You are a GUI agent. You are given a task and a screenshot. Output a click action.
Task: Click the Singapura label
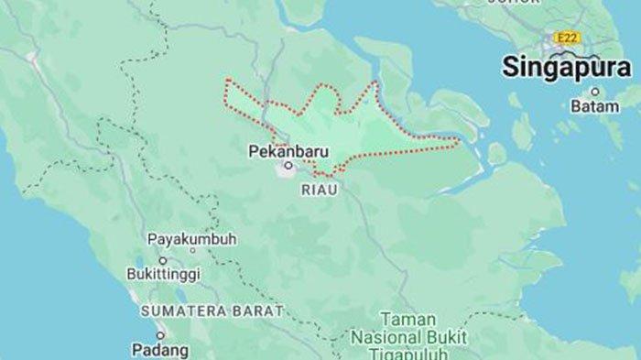pyautogui.click(x=566, y=68)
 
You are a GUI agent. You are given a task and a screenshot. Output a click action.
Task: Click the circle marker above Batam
pyautogui.click(x=594, y=92)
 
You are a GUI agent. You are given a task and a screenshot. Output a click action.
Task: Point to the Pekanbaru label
pyautogui.click(x=287, y=149)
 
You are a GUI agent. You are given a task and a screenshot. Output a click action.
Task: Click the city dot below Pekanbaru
pyautogui.click(x=288, y=166)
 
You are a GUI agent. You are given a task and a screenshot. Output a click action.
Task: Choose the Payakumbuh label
pyautogui.click(x=192, y=239)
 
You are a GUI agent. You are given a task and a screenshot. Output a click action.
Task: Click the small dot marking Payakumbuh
pyautogui.click(x=192, y=249)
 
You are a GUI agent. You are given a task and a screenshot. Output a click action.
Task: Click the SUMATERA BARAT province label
pyautogui.click(x=211, y=311)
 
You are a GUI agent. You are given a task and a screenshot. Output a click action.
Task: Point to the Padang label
pyautogui.click(x=160, y=350)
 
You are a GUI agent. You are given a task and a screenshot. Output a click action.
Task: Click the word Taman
pyautogui.click(x=407, y=319)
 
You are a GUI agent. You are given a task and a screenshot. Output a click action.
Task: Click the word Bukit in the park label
pyautogui.click(x=446, y=337)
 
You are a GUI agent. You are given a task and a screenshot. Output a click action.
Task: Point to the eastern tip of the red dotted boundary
pyautogui.click(x=459, y=142)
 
